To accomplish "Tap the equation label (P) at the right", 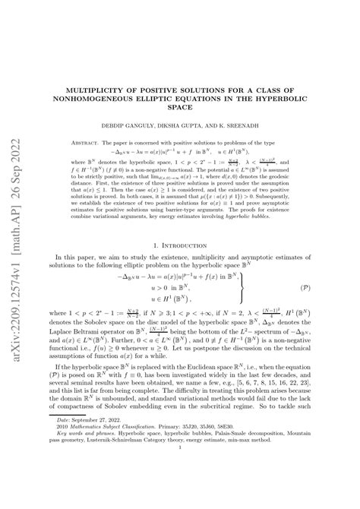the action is click(x=324, y=289).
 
